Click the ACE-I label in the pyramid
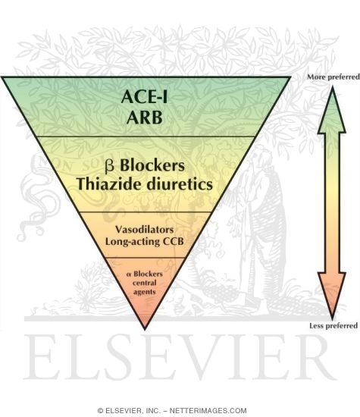144,96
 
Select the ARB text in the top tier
144,118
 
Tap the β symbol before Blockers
110,166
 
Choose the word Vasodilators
144,230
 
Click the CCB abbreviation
173,241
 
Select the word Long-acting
133,242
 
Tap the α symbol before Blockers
129,274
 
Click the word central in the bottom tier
144,283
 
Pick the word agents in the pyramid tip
144,292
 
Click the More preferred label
333,77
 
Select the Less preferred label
333,326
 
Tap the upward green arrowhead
332,111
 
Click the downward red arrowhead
332,295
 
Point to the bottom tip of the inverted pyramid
145,330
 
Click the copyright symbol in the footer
100,411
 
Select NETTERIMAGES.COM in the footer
208,411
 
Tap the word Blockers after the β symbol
152,165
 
